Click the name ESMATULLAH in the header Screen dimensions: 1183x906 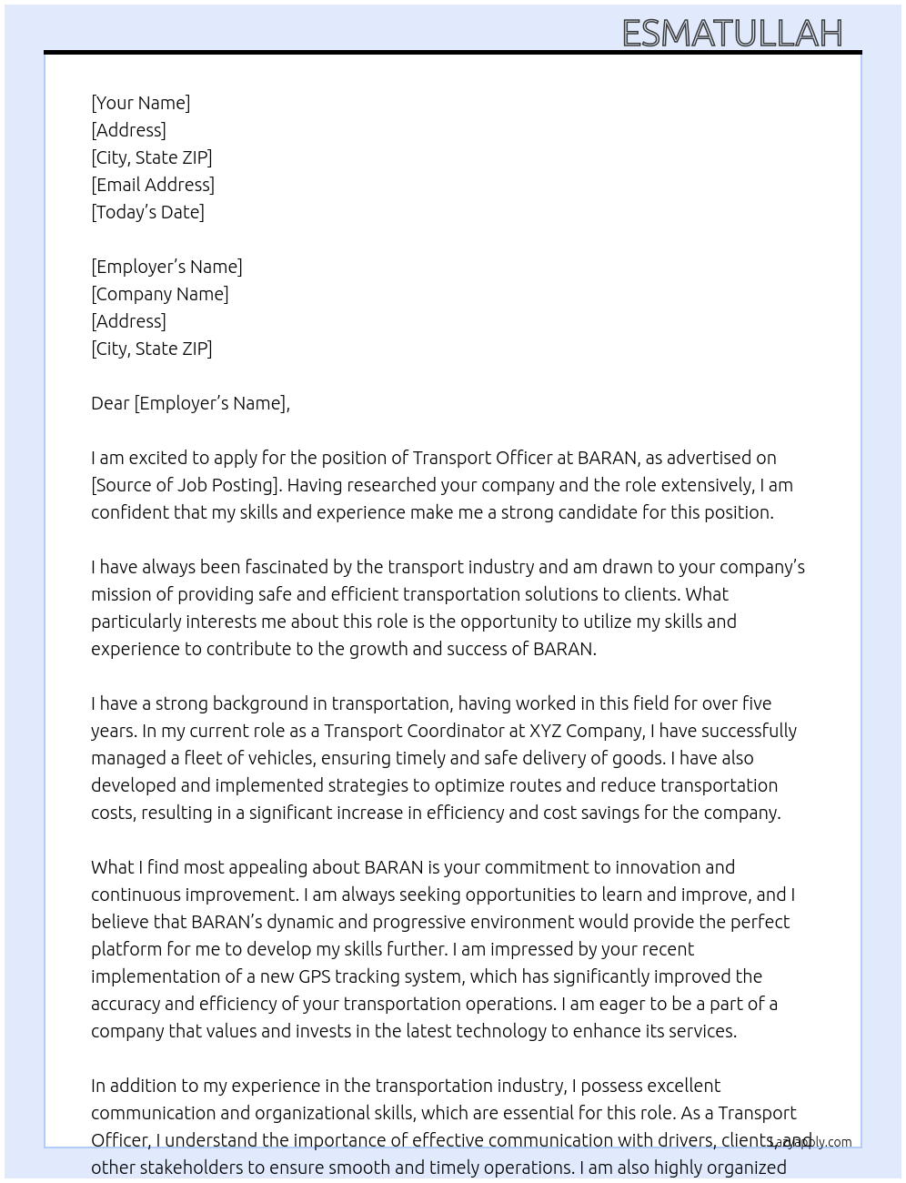[x=732, y=34]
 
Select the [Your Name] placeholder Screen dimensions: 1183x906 [x=141, y=103]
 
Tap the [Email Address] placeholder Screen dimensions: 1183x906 [x=153, y=185]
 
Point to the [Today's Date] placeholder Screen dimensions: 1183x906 [x=147, y=212]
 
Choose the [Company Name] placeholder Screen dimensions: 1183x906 [x=160, y=294]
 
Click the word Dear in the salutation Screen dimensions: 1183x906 [x=110, y=403]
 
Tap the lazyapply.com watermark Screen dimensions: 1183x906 [x=811, y=1142]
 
